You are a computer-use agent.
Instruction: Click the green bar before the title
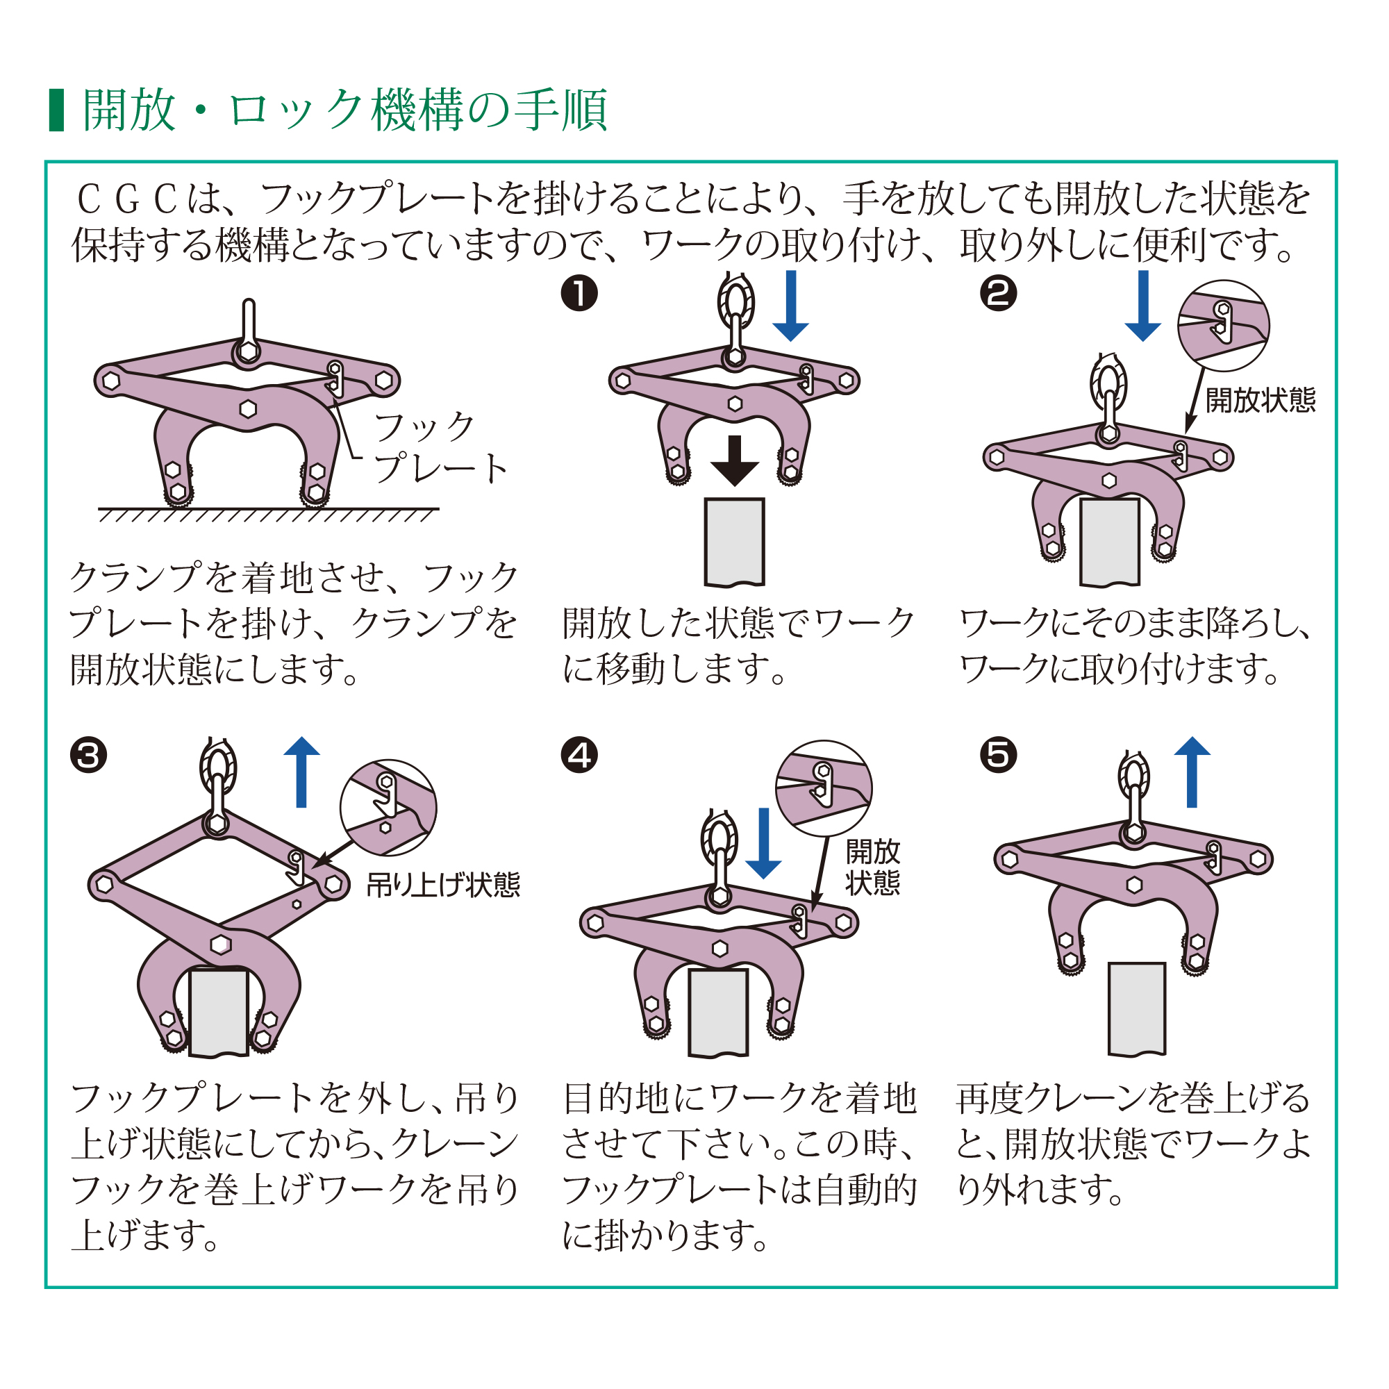(x=56, y=110)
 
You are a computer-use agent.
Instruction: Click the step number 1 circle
(x=579, y=293)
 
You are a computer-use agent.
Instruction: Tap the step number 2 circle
(x=999, y=293)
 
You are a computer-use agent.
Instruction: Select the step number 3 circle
(x=88, y=756)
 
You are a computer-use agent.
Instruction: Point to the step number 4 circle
(x=579, y=756)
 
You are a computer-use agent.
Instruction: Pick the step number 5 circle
(x=999, y=756)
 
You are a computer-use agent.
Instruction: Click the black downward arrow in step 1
(x=734, y=461)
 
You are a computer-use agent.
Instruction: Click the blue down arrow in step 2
(x=1142, y=306)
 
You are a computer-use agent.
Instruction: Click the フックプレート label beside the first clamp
(x=440, y=448)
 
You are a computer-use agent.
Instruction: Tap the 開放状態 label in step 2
(x=1260, y=401)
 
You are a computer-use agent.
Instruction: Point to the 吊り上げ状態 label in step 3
(x=443, y=885)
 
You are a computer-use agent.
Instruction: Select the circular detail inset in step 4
(x=824, y=789)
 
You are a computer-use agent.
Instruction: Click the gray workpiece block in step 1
(x=734, y=542)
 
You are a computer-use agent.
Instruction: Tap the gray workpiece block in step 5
(x=1137, y=1008)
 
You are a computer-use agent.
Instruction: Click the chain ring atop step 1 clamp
(x=735, y=302)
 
